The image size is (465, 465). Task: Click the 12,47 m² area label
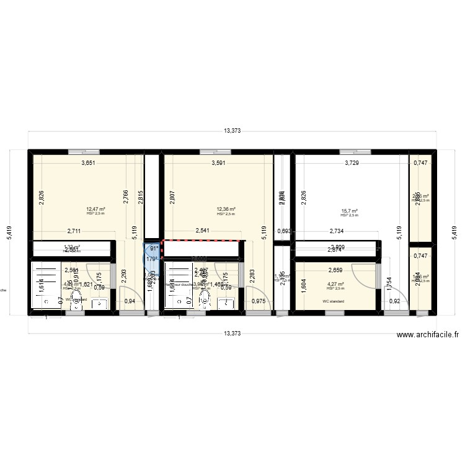pos(95,210)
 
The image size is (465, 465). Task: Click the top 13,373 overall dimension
pos(232,131)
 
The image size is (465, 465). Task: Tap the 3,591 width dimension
pos(219,164)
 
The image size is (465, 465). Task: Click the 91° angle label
pos(152,249)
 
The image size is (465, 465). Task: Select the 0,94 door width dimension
pos(130,301)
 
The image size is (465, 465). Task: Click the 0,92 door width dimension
pos(394,301)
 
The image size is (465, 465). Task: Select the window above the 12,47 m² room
pos(77,150)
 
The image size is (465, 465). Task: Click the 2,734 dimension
pos(338,231)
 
